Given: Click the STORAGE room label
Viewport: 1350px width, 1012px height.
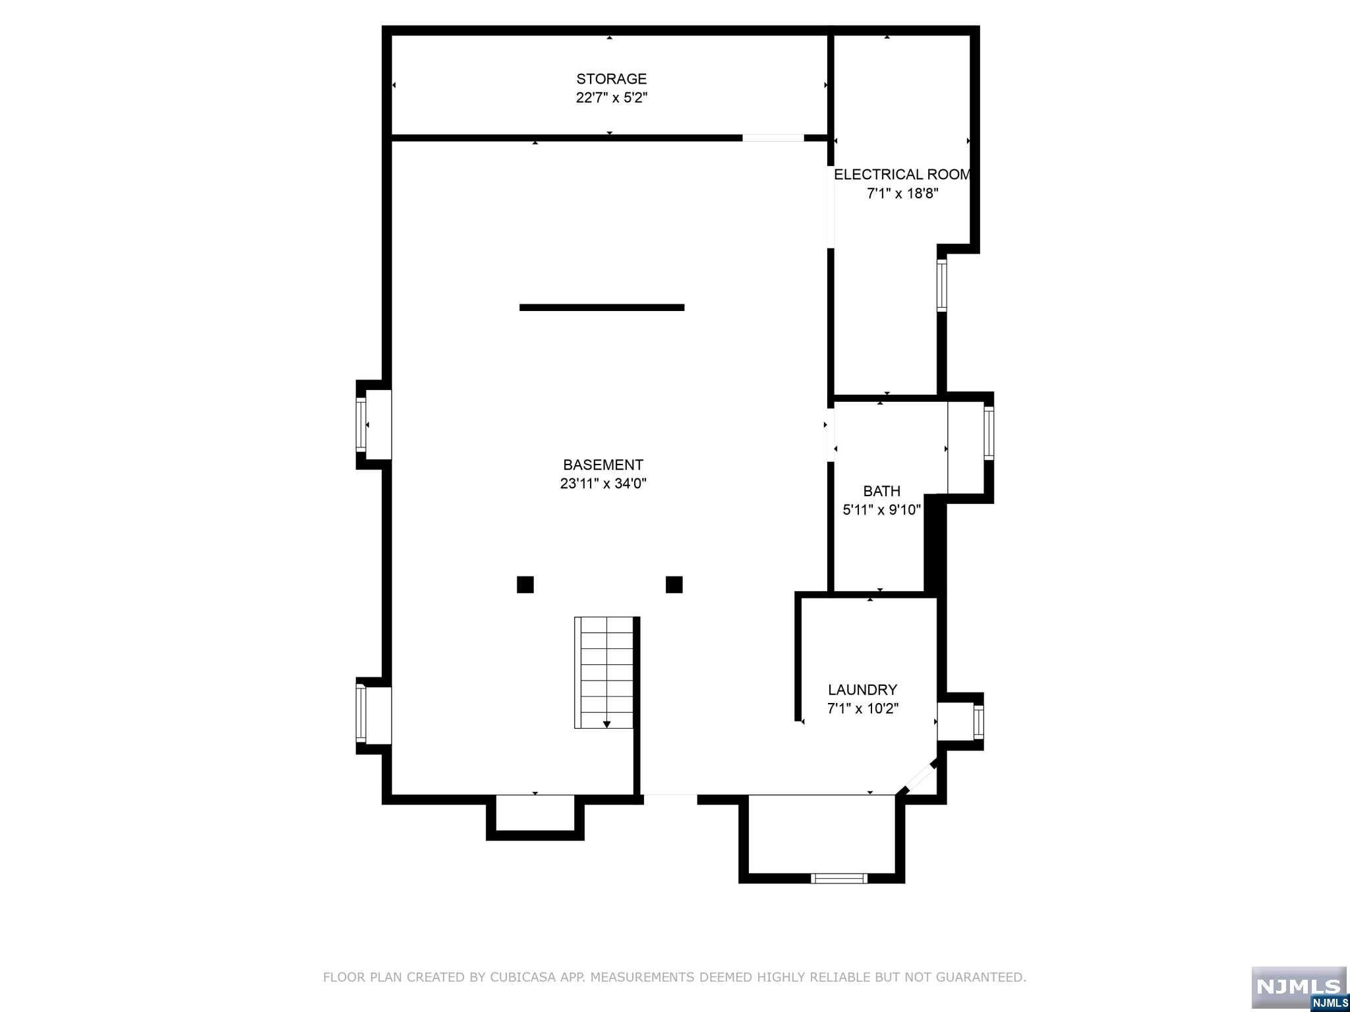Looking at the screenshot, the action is tap(611, 79).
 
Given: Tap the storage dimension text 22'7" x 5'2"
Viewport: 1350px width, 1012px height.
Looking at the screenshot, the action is tap(611, 98).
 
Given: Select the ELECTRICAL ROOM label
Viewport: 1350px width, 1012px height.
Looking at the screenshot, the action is tap(902, 175).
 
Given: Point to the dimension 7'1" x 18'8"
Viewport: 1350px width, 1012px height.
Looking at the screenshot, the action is tap(902, 194).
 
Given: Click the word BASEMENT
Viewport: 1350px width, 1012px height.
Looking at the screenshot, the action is tap(603, 464).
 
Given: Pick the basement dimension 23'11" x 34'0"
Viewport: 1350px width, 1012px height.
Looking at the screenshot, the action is tap(603, 484).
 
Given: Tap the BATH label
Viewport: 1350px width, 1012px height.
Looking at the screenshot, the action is tap(882, 491).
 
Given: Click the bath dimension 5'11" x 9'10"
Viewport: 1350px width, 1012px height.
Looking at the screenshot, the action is tap(882, 510).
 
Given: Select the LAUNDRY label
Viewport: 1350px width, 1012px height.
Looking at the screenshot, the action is tap(863, 690).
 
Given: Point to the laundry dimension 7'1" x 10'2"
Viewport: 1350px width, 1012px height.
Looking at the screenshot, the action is tap(863, 709).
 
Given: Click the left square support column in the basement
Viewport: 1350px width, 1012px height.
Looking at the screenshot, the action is tap(525, 584).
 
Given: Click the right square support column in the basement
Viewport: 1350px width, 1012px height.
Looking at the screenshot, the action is tap(674, 584).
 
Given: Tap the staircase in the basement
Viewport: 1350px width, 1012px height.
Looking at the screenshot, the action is tap(604, 673).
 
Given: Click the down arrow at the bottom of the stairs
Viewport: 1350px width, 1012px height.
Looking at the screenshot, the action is tap(607, 725).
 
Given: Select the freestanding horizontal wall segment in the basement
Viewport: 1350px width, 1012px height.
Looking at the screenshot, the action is tap(602, 307).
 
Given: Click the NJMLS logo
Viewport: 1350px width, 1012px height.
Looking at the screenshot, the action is tap(1299, 987).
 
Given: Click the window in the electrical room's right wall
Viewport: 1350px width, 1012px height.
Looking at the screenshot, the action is tap(942, 285).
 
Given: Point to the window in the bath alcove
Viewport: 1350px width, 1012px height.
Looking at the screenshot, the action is tap(989, 432).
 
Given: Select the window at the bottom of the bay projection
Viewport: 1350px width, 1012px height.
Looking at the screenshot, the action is tap(839, 878).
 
